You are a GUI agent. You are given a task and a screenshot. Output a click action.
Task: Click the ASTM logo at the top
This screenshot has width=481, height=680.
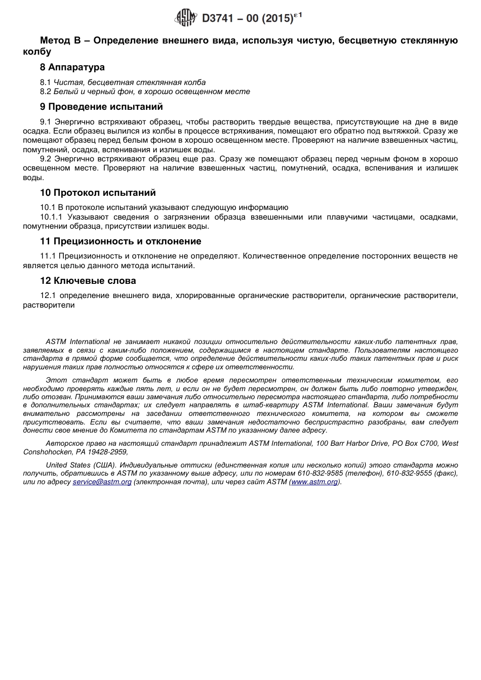click(185, 18)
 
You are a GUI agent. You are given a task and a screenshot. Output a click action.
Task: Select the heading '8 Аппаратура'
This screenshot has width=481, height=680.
click(72, 67)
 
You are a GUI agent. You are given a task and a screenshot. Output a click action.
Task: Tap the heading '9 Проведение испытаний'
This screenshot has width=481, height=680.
click(101, 107)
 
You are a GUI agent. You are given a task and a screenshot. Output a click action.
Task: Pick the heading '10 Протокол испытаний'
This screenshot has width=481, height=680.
click(98, 193)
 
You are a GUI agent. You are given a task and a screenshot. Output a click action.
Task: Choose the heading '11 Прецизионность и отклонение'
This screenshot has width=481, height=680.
click(121, 241)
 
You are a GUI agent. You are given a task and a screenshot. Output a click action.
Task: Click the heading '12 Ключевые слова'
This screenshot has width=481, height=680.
click(88, 281)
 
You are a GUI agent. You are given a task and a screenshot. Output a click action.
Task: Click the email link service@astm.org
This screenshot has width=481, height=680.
click(102, 482)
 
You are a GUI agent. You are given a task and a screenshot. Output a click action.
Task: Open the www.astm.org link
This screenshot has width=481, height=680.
click(314, 482)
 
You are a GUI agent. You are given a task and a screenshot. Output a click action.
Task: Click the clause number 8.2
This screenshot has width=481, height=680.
click(46, 92)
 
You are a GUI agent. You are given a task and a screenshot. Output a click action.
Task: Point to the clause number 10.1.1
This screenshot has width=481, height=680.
click(51, 217)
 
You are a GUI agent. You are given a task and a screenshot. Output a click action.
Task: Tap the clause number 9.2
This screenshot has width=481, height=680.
click(46, 158)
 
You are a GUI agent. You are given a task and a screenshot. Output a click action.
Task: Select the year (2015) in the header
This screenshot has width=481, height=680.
click(277, 19)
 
